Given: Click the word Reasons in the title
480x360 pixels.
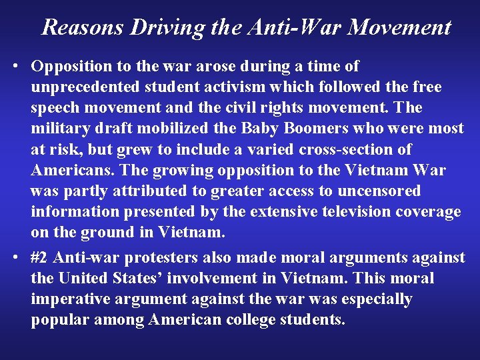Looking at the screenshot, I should pyautogui.click(x=83, y=27).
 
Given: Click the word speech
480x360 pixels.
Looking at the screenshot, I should pyautogui.click(x=57, y=108).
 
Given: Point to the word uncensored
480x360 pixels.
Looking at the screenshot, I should pyautogui.click(x=375, y=191).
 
